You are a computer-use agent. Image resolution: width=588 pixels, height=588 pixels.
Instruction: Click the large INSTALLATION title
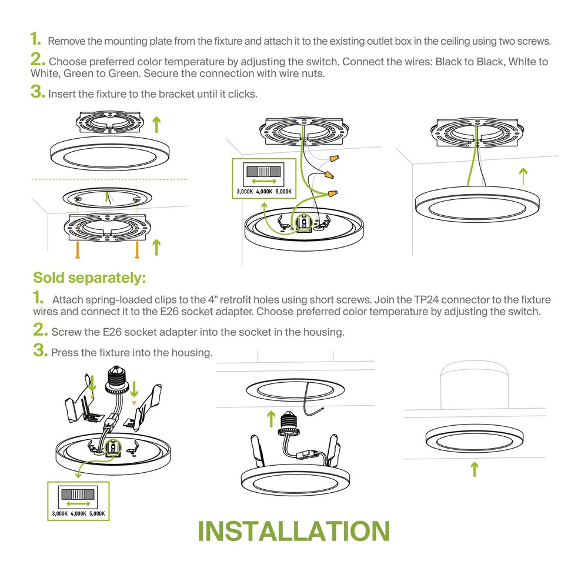pos(293,531)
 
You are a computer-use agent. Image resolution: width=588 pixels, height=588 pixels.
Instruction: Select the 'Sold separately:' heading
pos(89,278)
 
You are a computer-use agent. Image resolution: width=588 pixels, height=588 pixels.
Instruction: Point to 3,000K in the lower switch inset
pos(59,514)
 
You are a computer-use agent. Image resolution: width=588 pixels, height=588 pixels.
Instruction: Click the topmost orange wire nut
pos(335,159)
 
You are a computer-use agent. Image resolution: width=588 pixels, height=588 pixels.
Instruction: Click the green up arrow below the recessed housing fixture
pos(475,469)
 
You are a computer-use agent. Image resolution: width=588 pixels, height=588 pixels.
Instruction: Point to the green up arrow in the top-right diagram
pos(522,175)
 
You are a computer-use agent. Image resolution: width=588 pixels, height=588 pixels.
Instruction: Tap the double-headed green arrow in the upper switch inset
pos(259,182)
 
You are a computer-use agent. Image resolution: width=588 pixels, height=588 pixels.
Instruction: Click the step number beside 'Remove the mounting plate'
pos(36,40)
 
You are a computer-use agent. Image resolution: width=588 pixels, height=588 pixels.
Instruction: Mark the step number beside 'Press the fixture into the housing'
pos(40,351)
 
